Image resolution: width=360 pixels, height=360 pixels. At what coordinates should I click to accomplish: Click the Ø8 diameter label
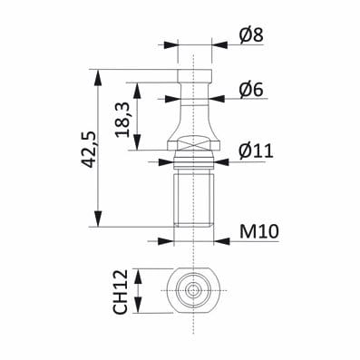pos(251,35)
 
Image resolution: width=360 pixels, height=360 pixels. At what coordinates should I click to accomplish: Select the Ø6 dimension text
pos(251,90)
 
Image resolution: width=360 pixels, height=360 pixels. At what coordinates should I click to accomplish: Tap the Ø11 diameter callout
pos(256,151)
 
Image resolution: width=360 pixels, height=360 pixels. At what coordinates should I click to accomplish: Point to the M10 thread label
pos(258,232)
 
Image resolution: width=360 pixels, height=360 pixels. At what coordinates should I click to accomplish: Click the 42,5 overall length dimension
pos(90,149)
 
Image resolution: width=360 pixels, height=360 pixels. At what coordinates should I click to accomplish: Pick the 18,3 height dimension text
pos(123,120)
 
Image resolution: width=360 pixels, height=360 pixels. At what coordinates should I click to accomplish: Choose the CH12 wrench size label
pos(121,292)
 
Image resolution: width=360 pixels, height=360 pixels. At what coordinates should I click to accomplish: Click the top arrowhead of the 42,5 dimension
pos(98,77)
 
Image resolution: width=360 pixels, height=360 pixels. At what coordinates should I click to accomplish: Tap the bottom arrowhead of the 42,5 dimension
pos(98,219)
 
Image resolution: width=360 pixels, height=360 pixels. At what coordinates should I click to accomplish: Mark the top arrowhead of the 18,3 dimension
pos(137,90)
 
